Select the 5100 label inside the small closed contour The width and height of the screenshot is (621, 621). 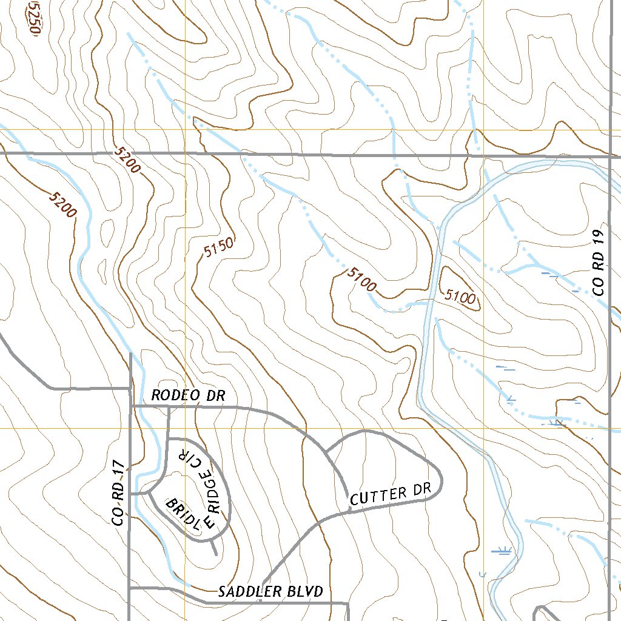pyautogui.click(x=460, y=297)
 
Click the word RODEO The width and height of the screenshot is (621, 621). pyautogui.click(x=175, y=396)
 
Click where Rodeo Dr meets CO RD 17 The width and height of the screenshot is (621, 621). pyautogui.click(x=130, y=406)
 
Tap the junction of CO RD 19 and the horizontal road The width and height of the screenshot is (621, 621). pyautogui.click(x=609, y=156)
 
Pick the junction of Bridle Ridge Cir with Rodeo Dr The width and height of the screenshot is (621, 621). pyautogui.click(x=168, y=407)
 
